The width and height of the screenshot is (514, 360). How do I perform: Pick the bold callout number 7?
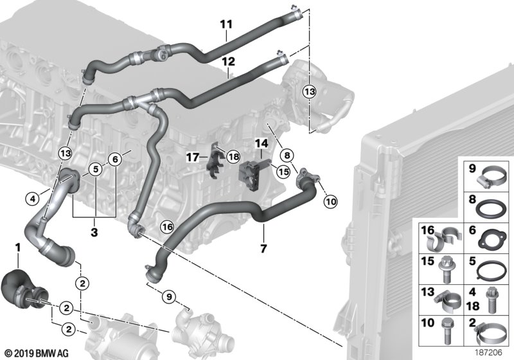263,247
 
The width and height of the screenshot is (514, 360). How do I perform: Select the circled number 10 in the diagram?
330,201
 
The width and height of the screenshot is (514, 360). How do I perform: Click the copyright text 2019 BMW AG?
31,353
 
